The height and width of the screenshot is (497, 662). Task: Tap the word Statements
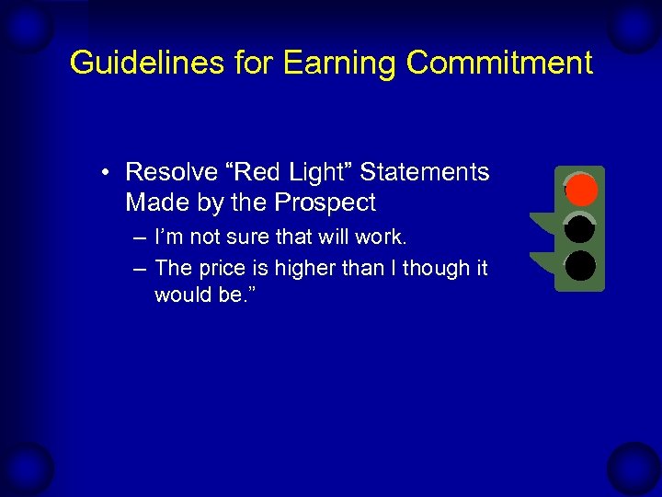424,172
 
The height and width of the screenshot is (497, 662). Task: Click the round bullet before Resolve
108,173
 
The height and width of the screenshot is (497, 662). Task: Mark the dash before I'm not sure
138,238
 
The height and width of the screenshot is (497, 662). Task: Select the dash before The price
138,269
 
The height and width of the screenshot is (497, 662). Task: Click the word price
219,269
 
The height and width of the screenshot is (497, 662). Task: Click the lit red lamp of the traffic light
580,191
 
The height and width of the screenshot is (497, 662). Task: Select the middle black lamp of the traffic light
580,228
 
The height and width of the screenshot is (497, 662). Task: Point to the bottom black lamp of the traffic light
580,266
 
